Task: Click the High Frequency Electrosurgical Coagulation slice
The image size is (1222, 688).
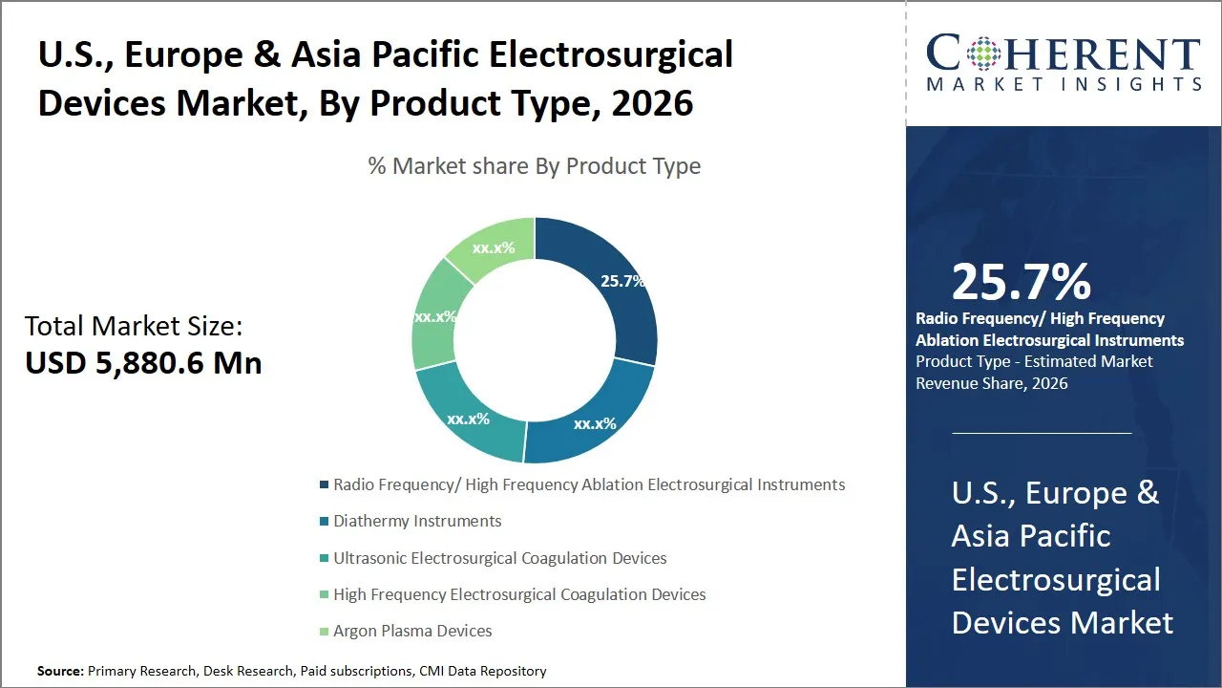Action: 434,315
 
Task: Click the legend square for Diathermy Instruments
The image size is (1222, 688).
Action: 325,522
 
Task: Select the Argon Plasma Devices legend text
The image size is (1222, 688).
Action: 412,631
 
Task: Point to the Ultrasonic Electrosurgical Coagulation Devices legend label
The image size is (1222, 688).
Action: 499,558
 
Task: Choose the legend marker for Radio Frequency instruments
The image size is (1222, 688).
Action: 325,485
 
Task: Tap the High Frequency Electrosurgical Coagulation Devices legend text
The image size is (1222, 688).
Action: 519,594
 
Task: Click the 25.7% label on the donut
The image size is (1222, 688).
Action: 622,281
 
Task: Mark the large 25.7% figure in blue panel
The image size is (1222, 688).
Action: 1021,282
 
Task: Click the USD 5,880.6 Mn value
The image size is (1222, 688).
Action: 143,363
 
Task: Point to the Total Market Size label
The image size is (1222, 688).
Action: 134,326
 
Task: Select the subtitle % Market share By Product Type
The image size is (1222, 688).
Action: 535,166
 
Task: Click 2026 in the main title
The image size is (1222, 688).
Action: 653,103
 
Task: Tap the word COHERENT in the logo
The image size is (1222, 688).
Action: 1064,54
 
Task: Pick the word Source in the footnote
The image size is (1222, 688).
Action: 59,671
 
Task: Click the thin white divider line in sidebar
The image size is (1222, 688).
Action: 1042,433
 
